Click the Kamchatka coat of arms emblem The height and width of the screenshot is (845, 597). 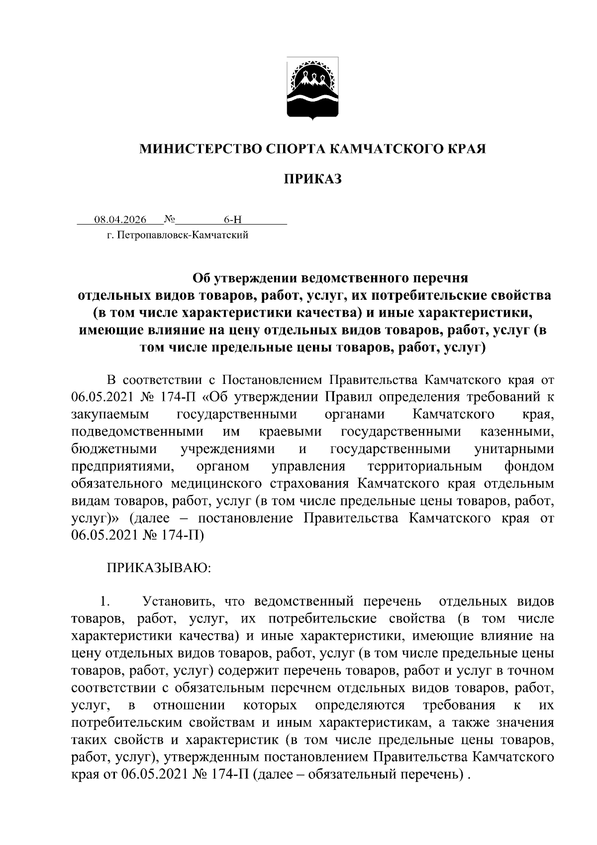(313, 89)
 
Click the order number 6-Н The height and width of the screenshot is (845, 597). (233, 219)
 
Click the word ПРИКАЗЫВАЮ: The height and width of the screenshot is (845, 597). (159, 568)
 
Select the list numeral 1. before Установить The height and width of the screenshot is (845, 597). (104, 602)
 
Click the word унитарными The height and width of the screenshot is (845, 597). (514, 449)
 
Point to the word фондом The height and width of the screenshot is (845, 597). (529, 466)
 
